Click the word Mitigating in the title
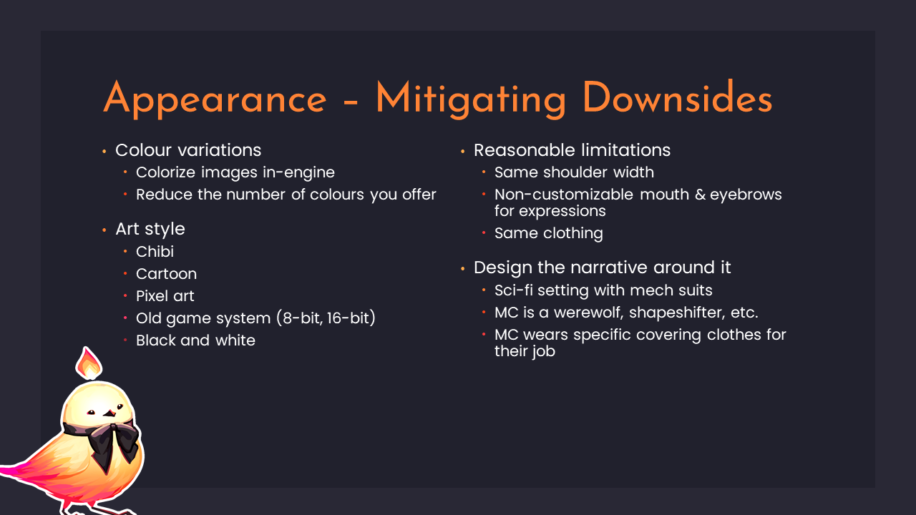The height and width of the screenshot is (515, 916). click(x=471, y=100)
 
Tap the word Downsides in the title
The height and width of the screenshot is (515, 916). click(x=678, y=98)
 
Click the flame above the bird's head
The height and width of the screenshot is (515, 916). click(x=88, y=363)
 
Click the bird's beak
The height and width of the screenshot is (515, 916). click(x=109, y=413)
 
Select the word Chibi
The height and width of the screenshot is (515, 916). click(x=155, y=251)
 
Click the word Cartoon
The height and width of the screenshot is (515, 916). click(x=167, y=274)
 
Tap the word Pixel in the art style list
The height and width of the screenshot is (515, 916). click(x=150, y=296)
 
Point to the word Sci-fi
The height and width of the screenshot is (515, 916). click(x=514, y=290)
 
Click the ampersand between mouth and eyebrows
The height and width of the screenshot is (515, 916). click(x=700, y=195)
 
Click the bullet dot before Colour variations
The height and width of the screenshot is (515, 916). click(x=104, y=152)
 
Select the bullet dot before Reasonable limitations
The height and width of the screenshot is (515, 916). click(x=463, y=152)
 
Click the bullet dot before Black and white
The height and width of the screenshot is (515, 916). click(x=125, y=340)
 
